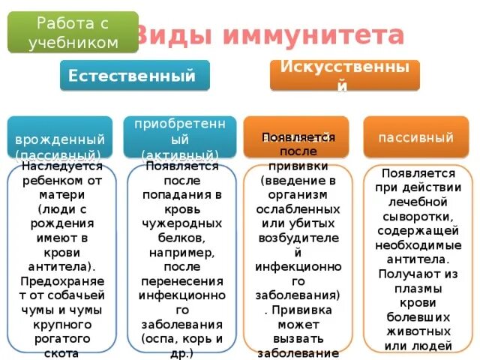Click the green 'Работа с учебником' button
pyautogui.click(x=73, y=31)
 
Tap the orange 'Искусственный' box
pyautogui.click(x=344, y=75)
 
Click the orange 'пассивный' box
pyautogui.click(x=415, y=137)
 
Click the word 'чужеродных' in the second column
pyautogui.click(x=180, y=223)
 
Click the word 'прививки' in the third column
pyautogui.click(x=296, y=169)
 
